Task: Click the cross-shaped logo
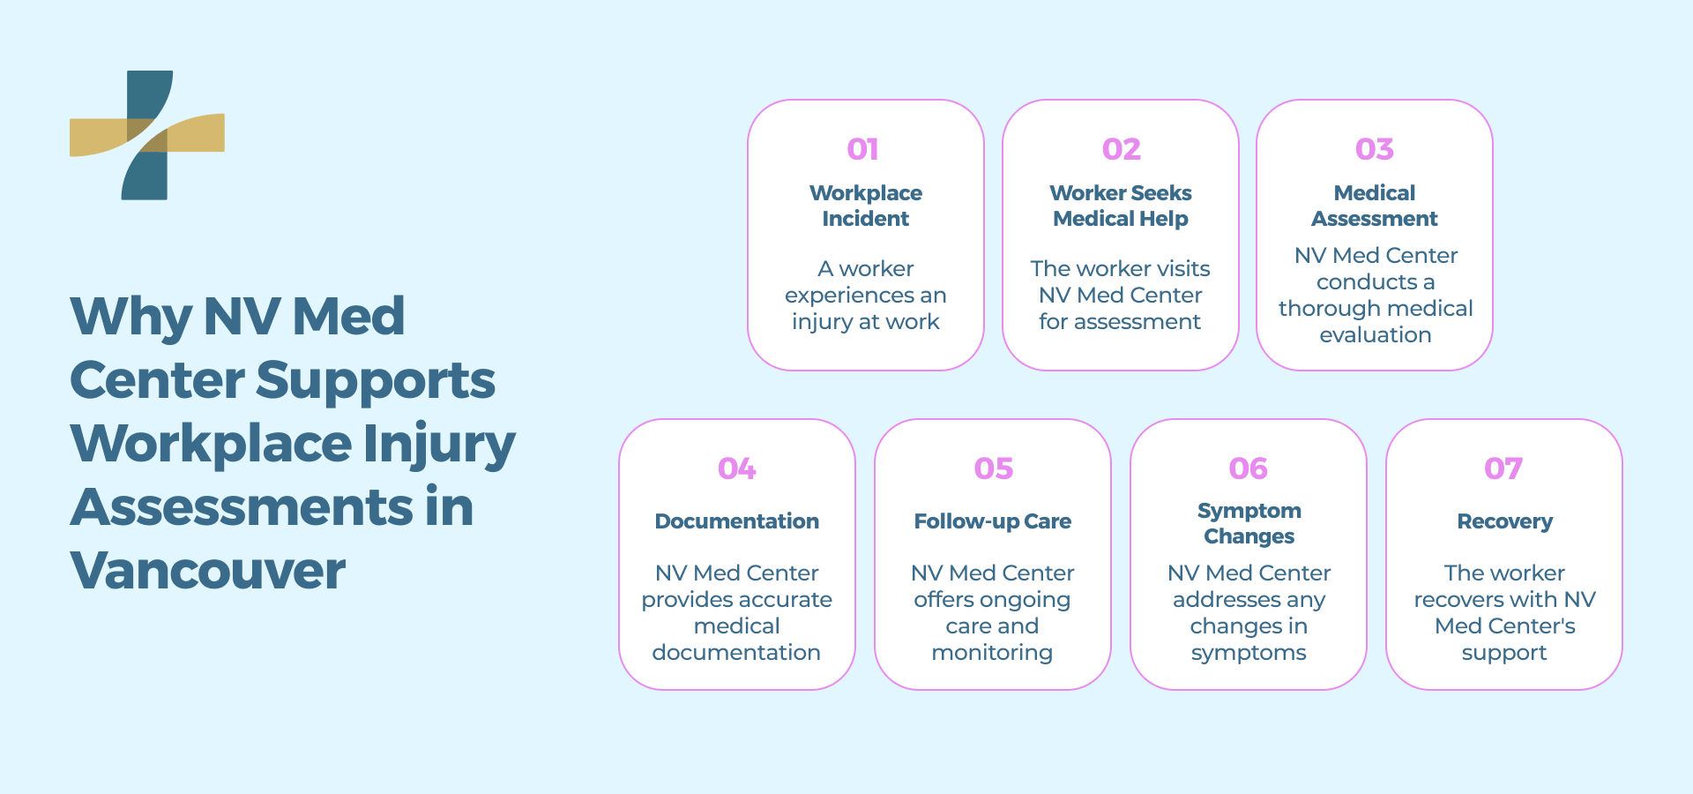pos(146,135)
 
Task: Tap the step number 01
pos(862,149)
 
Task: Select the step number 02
pos(1121,149)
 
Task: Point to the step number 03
pos(1374,149)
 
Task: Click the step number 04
pos(736,468)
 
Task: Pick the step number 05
pos(993,468)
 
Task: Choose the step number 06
pos(1248,468)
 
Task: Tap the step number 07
pos(1503,468)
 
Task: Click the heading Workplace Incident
pos(865,206)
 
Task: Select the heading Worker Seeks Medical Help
pos(1120,206)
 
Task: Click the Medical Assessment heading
pos(1374,206)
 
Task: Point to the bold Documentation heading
pos(736,521)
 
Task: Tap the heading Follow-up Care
pos(992,521)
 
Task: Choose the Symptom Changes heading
pos(1249,523)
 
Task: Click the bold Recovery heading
pos(1504,521)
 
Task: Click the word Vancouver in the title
pos(207,571)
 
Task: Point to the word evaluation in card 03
pos(1375,335)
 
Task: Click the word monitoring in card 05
pos(992,653)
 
